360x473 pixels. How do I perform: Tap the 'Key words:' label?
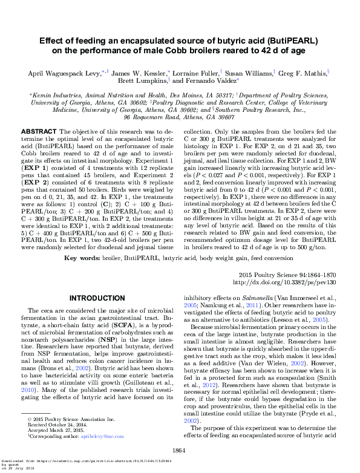(x=83, y=258)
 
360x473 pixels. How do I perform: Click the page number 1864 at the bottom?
(x=179, y=451)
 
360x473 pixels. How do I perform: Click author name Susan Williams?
(x=249, y=71)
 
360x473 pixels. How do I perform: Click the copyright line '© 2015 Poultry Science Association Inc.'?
(x=68, y=419)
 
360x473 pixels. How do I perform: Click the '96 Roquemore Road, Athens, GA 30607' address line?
(x=179, y=118)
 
